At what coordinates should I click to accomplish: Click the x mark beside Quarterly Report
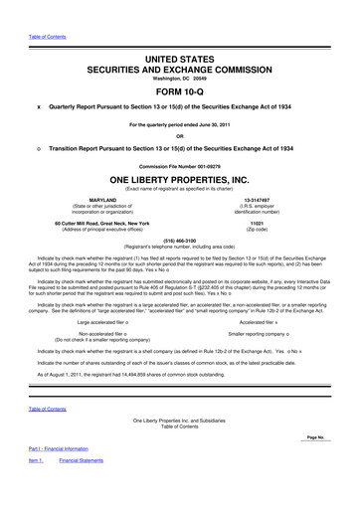point(39,105)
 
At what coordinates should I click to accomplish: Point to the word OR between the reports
point(180,136)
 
